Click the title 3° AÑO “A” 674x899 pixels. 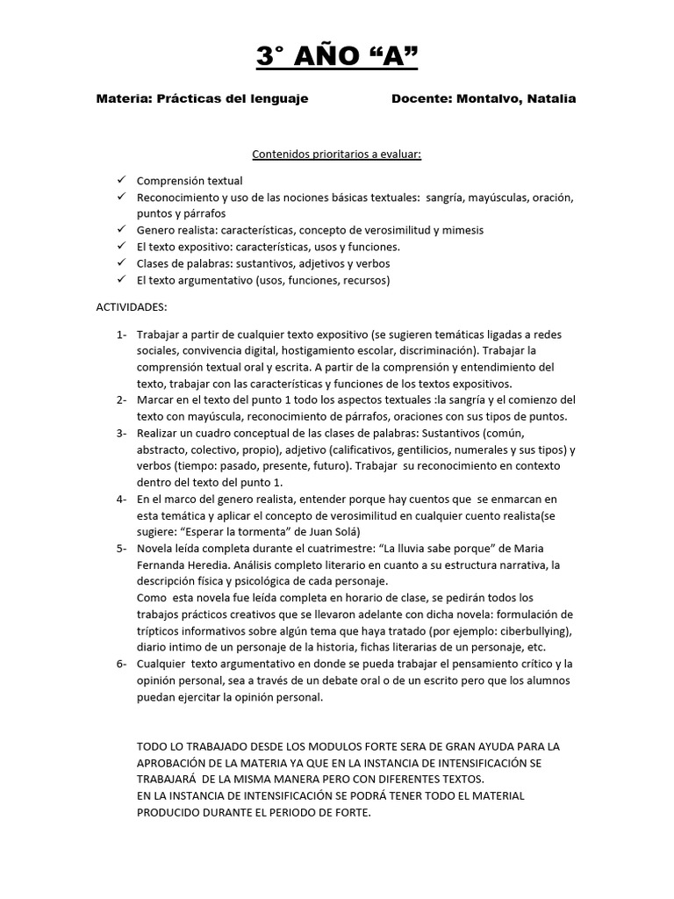click(x=337, y=57)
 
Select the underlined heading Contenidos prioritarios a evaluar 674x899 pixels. click(x=337, y=155)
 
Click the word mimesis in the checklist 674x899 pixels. click(x=461, y=230)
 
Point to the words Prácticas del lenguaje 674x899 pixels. click(x=233, y=99)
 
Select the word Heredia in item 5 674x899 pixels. click(x=207, y=565)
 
